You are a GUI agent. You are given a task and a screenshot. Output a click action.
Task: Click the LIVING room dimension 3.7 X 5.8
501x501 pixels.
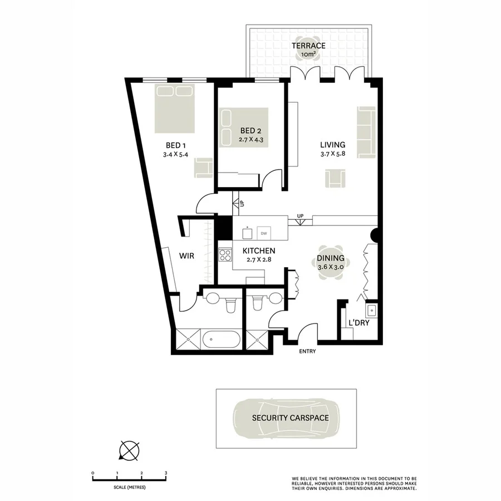click(x=333, y=154)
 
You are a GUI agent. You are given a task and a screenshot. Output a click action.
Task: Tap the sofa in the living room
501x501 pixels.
click(x=366, y=124)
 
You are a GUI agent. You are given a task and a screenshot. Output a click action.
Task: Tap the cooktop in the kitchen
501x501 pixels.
click(x=225, y=256)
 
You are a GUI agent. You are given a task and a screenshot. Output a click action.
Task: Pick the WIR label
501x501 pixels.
click(x=186, y=257)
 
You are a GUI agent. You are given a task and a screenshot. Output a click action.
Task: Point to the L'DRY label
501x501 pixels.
click(x=359, y=323)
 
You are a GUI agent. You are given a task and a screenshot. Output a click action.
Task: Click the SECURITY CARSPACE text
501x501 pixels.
click(x=290, y=417)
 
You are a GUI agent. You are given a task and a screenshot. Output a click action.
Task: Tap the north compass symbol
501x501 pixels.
click(x=129, y=450)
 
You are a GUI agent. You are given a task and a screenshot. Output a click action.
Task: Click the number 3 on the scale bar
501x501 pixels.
click(x=166, y=473)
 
